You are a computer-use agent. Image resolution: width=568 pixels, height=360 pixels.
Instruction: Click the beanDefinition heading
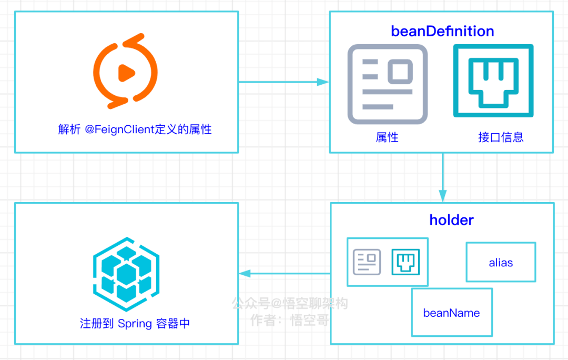tap(442, 32)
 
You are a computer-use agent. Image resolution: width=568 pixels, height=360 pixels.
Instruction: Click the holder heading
tap(451, 220)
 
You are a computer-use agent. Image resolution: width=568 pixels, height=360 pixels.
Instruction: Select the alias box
tap(501, 262)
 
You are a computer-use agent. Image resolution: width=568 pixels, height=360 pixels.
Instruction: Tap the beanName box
tap(452, 313)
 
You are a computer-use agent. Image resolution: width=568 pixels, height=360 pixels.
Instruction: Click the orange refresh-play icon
tap(125, 68)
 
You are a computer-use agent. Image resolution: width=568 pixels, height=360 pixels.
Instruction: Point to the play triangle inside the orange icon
tap(125, 72)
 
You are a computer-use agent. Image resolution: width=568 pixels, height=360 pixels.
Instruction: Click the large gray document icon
tap(388, 84)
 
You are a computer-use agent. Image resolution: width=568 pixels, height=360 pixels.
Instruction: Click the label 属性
tap(387, 138)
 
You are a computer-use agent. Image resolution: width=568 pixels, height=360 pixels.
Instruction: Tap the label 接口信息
tap(501, 138)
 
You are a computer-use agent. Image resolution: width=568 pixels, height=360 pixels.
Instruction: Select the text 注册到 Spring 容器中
tap(135, 324)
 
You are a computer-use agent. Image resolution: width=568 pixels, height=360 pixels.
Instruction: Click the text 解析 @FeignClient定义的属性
tap(135, 129)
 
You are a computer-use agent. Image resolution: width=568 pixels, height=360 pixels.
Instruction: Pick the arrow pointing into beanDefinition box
tap(284, 82)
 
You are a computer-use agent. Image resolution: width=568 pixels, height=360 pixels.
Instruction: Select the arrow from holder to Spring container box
tap(285, 273)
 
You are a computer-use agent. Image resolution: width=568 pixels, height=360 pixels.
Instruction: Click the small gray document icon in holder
tap(367, 262)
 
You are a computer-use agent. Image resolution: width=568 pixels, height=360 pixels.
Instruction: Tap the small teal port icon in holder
tap(405, 262)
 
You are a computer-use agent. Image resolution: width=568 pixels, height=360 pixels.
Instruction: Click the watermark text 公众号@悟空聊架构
tap(290, 304)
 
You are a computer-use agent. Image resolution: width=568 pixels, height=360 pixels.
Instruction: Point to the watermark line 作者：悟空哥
tap(290, 320)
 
